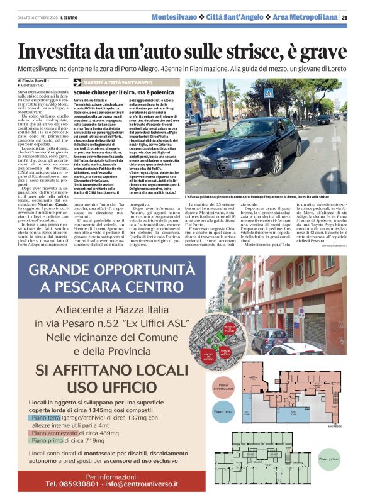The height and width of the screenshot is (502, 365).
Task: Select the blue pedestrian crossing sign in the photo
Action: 269,93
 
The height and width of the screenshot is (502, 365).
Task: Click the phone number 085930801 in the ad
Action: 72,484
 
